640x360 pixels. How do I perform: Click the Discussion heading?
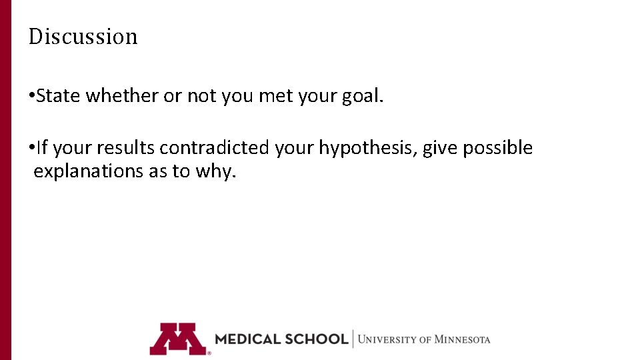(83, 36)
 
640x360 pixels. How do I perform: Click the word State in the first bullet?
(59, 96)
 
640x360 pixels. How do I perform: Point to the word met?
(275, 96)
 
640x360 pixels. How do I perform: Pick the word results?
(127, 148)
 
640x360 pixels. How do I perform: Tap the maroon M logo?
(177, 339)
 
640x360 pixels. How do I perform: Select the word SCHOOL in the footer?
(316, 339)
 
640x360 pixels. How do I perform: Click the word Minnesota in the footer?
(462, 339)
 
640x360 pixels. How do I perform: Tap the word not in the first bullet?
(201, 96)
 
